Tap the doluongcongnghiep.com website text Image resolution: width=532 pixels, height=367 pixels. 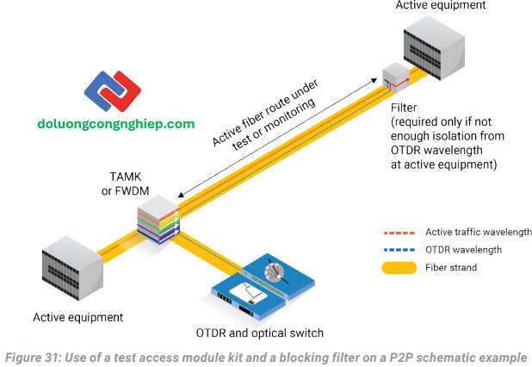(116, 124)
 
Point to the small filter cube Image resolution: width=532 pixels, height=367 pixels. (399, 78)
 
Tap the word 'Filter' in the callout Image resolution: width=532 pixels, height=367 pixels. (405, 109)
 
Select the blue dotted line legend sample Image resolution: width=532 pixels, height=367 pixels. (402, 250)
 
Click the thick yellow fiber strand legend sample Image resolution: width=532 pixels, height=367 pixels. (402, 267)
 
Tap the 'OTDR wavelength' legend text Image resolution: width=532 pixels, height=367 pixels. (466, 250)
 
